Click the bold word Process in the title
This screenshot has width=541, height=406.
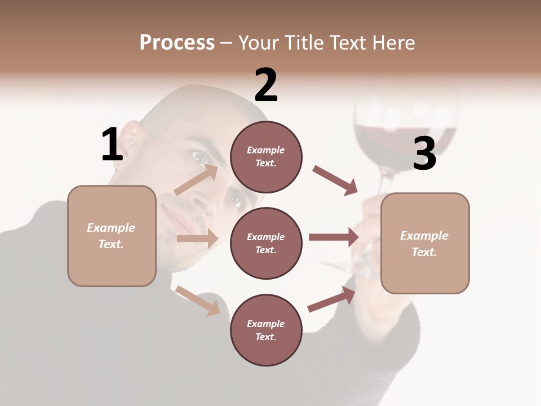point(177,42)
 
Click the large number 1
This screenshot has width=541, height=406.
point(112,144)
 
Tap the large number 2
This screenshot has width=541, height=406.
point(266,85)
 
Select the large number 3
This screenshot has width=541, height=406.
point(424,153)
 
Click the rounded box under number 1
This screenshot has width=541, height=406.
point(112,236)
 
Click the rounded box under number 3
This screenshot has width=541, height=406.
point(425,243)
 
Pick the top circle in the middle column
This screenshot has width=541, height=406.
point(266,157)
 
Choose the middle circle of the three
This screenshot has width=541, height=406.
point(266,243)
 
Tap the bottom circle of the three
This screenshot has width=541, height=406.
point(266,330)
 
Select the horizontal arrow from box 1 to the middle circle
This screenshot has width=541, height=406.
point(197,239)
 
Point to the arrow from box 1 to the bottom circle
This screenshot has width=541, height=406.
point(197,301)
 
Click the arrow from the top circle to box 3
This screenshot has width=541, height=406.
point(335,180)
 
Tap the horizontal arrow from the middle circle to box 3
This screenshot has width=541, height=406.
point(334,237)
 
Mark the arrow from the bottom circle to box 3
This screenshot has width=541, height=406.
point(332,299)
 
